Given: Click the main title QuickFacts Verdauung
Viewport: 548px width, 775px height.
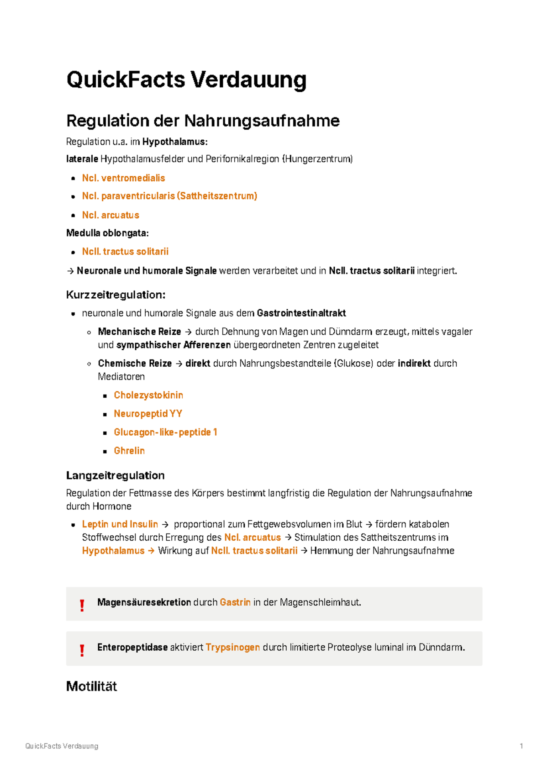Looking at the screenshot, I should coord(186,80).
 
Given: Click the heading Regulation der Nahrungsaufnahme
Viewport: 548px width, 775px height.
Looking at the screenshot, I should coord(203,121).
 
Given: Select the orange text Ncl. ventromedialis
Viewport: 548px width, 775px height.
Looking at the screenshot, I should coord(123,178).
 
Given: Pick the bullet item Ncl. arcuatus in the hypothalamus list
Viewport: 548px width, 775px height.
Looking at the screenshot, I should coord(111,215).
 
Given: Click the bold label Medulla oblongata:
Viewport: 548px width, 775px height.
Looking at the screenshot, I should coord(107,233).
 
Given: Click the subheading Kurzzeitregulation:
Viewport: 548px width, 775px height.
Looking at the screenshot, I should coord(116,295).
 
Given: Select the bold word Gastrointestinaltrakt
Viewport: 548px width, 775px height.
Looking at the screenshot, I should coord(301,313).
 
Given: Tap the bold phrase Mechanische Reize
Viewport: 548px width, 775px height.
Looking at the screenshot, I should coord(139,332).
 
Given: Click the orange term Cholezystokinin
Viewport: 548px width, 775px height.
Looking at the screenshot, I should coord(148,395).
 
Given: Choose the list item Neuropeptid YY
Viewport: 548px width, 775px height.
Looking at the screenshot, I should coord(148,414).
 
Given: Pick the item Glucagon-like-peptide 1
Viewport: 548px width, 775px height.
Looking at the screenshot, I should coord(165,432).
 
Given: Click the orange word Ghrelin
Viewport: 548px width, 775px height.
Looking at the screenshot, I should coord(129,451).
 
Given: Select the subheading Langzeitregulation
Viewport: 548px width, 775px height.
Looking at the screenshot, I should coord(115,475).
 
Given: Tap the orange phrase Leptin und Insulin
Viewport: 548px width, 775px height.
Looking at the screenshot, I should coord(120,524).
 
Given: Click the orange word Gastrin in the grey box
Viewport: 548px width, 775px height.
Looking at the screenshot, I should coord(235,602).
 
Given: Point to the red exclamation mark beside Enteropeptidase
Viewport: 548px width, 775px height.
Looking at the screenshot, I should coord(82,650).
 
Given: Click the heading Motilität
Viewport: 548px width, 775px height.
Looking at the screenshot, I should coord(91,686).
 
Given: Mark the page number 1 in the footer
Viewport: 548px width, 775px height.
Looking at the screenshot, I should coord(521,746).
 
